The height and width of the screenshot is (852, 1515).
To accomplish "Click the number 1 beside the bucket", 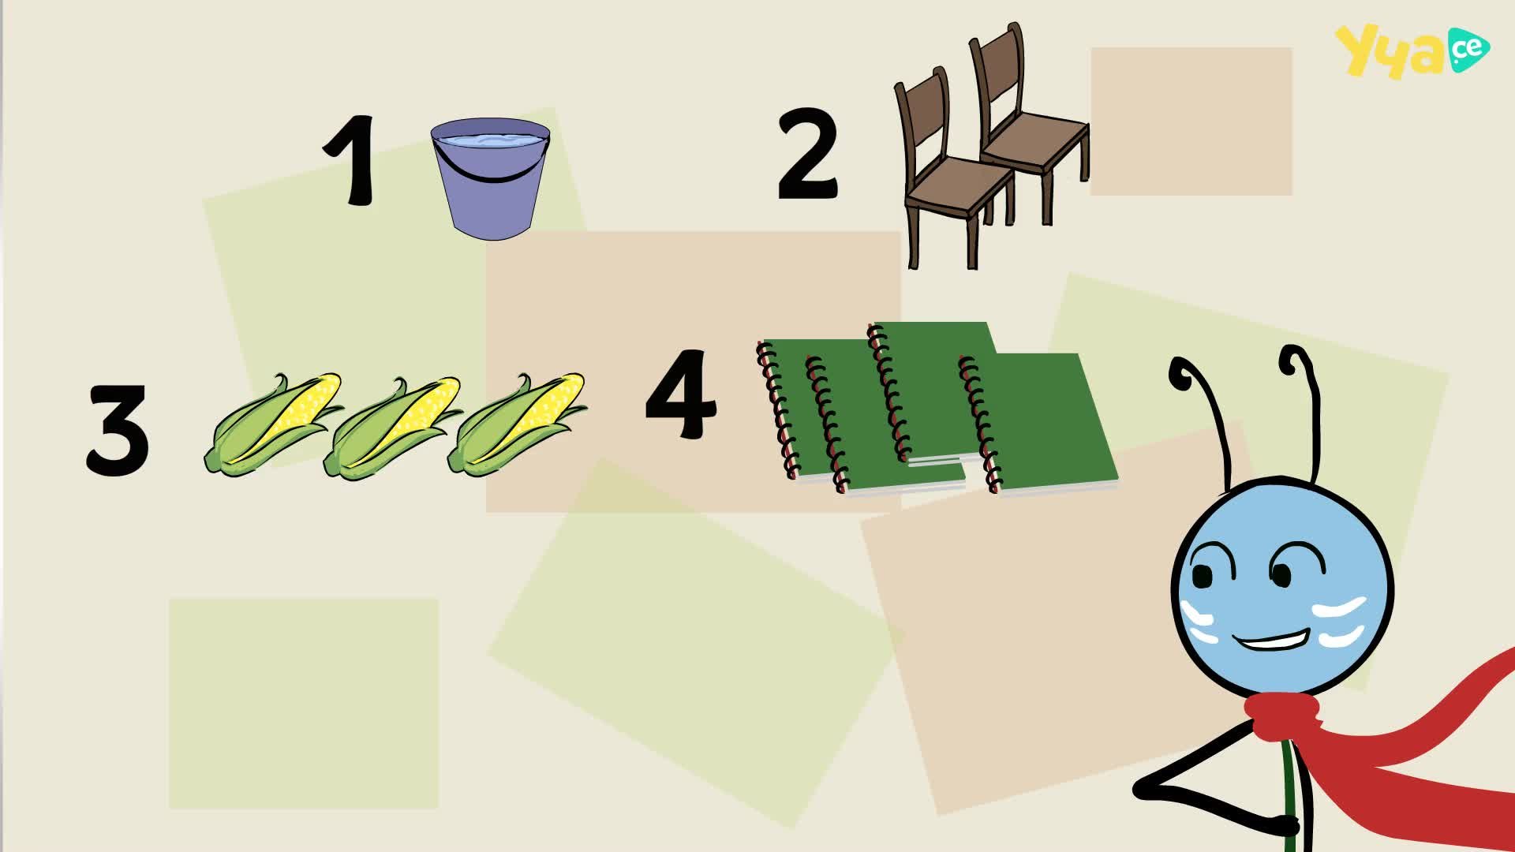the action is [x=351, y=160].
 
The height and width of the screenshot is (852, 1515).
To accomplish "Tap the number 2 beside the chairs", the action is [x=807, y=155].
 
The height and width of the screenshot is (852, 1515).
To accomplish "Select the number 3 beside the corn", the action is [x=117, y=430].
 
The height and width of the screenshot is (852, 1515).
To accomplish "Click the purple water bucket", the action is [x=491, y=178].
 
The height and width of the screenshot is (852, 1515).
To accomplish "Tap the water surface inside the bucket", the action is [x=491, y=140].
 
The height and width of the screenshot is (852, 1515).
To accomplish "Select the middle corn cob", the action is [x=392, y=427].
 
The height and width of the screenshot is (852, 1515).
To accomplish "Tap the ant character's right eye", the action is [x=1280, y=574].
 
